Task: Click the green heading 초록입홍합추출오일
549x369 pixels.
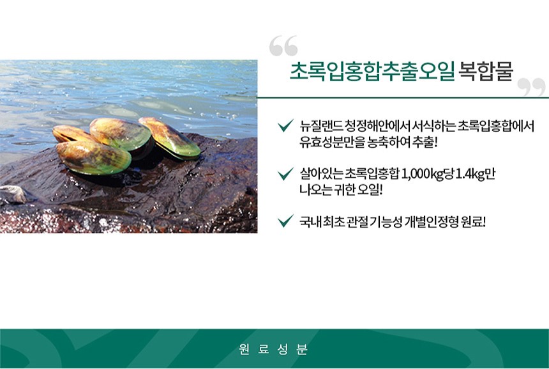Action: [x=372, y=72]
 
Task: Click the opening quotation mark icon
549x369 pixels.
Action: [x=283, y=45]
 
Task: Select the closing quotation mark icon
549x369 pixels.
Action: [x=531, y=88]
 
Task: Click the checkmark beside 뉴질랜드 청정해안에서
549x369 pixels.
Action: [x=285, y=125]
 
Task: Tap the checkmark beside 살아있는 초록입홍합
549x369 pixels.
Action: [x=285, y=173]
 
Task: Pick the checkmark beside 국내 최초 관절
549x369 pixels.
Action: [x=285, y=221]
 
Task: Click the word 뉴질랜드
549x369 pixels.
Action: [x=320, y=125]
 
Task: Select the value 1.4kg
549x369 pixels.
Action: [x=469, y=173]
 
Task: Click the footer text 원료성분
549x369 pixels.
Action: [x=273, y=349]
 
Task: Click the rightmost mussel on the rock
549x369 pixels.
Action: [x=170, y=137]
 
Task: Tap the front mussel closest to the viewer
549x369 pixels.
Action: [x=93, y=157]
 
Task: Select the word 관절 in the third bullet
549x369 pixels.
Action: [x=357, y=222]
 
